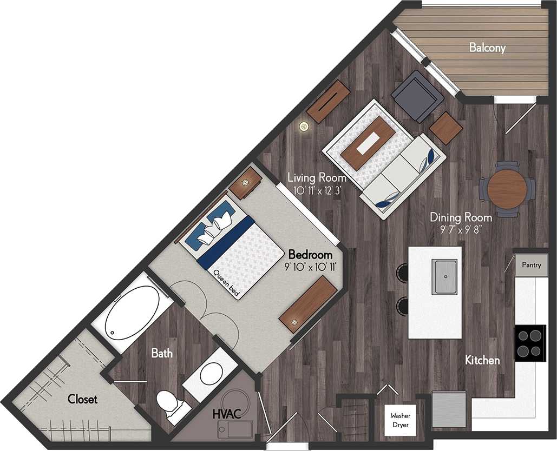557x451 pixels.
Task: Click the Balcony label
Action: [487, 48]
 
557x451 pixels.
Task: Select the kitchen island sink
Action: [444, 276]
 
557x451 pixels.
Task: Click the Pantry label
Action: [532, 265]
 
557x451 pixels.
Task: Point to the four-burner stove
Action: [529, 343]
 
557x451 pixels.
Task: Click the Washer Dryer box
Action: [401, 420]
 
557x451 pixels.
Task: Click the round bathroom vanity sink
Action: [211, 373]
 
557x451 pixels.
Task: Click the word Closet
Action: [82, 400]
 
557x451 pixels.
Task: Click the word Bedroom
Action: [310, 254]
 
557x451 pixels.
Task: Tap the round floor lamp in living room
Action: [304, 127]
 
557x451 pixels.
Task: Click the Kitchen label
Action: [482, 360]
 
